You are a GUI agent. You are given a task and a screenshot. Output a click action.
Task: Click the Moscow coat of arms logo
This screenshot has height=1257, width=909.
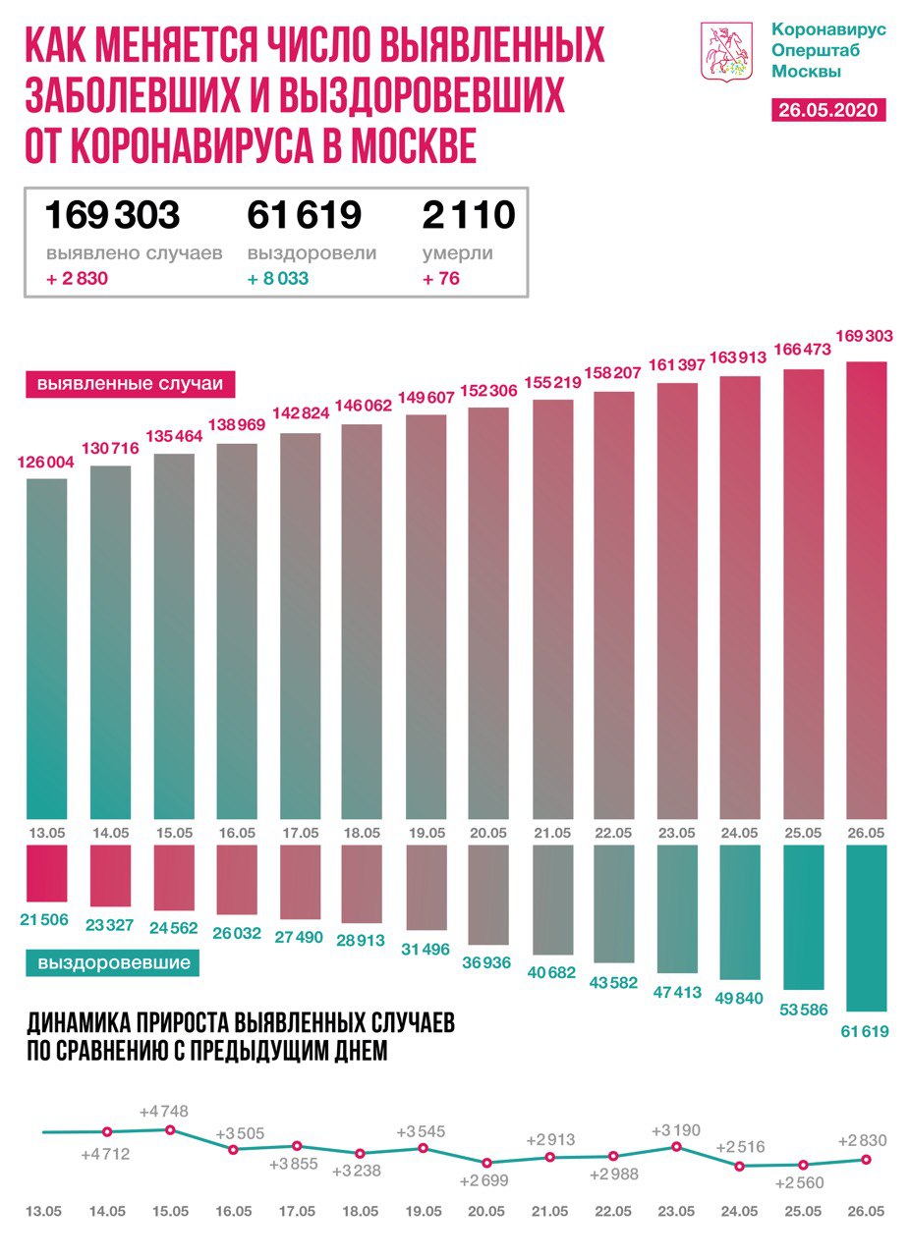726,51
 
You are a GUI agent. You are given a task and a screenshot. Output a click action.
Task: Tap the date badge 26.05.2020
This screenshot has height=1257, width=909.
829,109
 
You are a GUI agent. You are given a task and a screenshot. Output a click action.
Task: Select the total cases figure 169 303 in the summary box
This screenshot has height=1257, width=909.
113,214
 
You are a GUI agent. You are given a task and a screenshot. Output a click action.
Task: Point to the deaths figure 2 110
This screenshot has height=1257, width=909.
469,214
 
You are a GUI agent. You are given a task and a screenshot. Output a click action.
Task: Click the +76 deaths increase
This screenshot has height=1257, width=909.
441,278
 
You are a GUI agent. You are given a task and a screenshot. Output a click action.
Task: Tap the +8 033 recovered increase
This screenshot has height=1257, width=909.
278,278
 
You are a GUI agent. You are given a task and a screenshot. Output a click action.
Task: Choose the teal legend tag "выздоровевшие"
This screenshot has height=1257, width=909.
113,962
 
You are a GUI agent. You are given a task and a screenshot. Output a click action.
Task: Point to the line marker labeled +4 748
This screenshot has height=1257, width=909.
170,1129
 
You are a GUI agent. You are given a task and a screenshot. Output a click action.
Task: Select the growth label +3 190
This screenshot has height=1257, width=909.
677,1130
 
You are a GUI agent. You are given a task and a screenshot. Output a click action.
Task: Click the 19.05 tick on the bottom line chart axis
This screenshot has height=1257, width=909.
424,1211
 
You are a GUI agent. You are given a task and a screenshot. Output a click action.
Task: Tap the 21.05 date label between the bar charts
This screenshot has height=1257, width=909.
551,833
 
